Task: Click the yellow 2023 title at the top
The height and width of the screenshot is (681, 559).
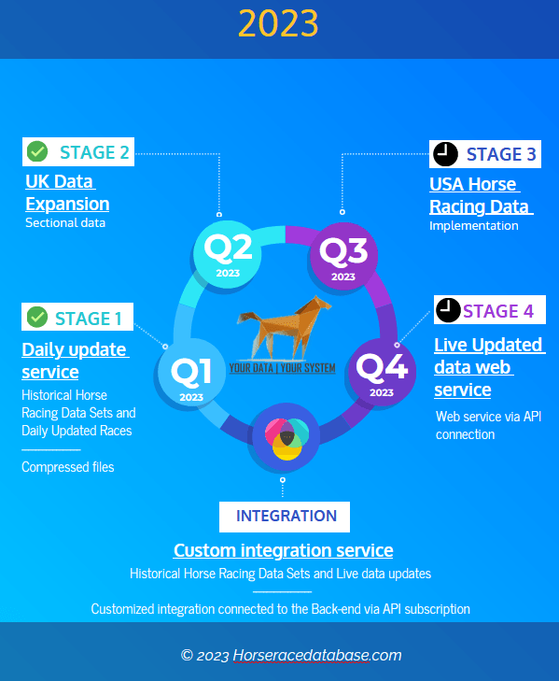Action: [278, 23]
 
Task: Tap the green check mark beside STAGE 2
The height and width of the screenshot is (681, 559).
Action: [37, 151]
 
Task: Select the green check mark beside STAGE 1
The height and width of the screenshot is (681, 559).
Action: [37, 317]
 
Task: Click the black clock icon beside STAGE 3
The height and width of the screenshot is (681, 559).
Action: [445, 154]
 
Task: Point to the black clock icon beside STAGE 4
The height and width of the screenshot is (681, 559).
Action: [448, 310]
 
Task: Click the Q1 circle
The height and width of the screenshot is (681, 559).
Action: [191, 373]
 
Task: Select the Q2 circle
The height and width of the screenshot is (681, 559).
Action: [228, 254]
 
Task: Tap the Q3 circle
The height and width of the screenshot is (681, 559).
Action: [343, 256]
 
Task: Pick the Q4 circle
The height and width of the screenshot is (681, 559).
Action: [382, 372]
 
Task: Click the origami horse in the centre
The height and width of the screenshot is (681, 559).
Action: [285, 327]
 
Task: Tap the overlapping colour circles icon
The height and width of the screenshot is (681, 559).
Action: [286, 439]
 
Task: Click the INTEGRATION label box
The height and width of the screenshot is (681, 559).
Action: [285, 517]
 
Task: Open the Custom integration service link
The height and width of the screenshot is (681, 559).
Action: [284, 550]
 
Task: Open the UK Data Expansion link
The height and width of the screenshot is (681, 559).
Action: [67, 192]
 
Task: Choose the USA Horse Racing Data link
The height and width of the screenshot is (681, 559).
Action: [482, 195]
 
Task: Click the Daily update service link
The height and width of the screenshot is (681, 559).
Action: [76, 361]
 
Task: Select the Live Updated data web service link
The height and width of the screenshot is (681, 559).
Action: [490, 367]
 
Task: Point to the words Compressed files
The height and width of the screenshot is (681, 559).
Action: [68, 467]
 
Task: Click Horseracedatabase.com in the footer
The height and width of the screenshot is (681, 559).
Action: [317, 655]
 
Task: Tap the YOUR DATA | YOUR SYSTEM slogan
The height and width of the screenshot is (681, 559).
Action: [282, 368]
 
